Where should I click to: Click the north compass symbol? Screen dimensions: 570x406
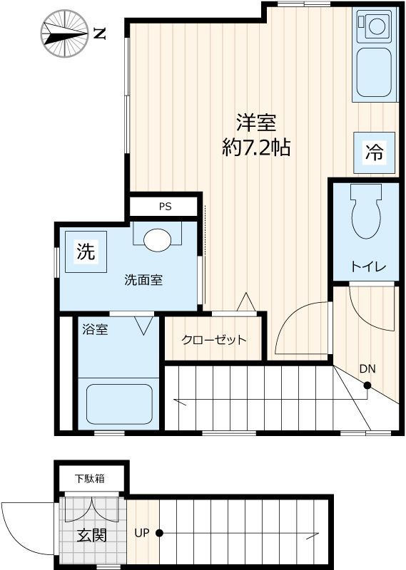(x=64, y=33)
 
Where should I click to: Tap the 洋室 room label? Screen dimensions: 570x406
(x=256, y=123)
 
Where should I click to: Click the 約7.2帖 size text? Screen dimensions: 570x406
(x=255, y=148)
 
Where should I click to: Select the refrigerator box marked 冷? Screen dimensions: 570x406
(x=375, y=151)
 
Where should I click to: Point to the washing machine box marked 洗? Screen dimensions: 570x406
(x=86, y=251)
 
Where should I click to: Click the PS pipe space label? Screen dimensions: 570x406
(x=165, y=207)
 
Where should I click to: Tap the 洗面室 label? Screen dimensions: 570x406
(x=143, y=280)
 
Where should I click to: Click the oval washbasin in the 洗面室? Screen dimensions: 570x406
(x=158, y=239)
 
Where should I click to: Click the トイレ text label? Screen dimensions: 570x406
(x=368, y=267)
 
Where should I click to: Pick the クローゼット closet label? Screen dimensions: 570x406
(x=214, y=339)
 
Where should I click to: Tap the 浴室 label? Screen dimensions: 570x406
(x=95, y=330)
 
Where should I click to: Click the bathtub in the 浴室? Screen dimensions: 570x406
(x=118, y=405)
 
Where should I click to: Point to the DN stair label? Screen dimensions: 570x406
(x=367, y=369)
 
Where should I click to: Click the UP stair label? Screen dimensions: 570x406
(x=141, y=532)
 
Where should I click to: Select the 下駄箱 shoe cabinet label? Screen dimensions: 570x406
(x=91, y=477)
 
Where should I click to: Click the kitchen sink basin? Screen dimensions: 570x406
(x=375, y=72)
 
